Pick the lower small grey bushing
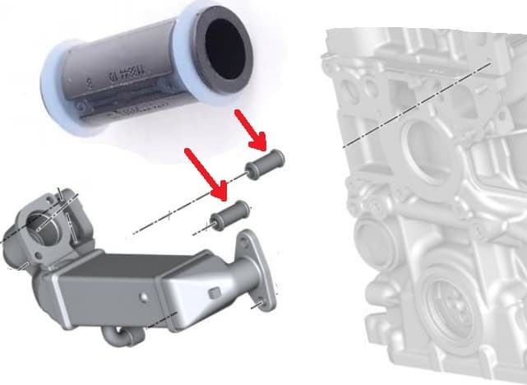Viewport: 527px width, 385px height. point(229,216)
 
